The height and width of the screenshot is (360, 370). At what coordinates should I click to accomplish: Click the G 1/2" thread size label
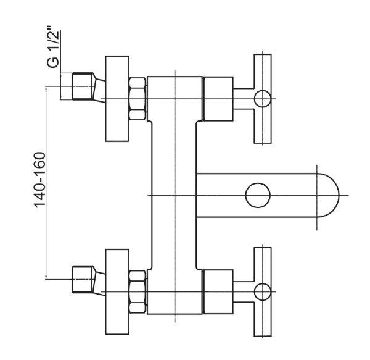pos(52,46)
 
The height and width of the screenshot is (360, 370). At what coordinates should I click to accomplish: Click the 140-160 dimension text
pos(39,180)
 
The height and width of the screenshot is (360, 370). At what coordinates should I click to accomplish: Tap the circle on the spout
pos(258,195)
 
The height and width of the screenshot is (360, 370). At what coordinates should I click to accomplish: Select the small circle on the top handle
pos(263,99)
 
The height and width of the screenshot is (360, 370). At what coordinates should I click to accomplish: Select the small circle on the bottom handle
pos(263,291)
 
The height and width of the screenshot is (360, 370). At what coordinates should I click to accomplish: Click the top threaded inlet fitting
pos(82,86)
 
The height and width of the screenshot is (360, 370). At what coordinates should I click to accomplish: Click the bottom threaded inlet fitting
pos(82,280)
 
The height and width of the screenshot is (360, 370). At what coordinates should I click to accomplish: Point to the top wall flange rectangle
pos(117,99)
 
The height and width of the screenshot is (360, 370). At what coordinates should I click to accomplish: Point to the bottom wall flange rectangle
pos(117,291)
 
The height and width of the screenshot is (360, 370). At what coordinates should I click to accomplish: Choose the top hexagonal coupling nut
pos(138,99)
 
